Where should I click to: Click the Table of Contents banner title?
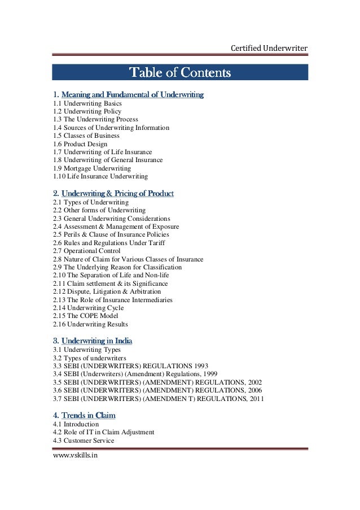pos(180,72)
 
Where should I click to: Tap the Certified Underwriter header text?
pos(270,49)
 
